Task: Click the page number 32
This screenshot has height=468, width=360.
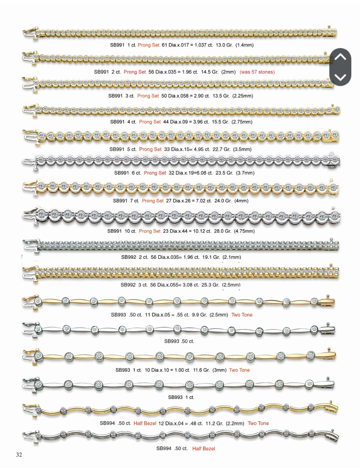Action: pyautogui.click(x=19, y=455)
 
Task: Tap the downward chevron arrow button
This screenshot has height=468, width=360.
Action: pyautogui.click(x=340, y=77)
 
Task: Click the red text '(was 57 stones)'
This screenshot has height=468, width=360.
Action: pyautogui.click(x=257, y=72)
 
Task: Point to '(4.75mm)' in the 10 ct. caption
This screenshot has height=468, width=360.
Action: pyautogui.click(x=244, y=231)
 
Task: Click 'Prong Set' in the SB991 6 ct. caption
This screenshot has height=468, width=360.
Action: pyautogui.click(x=155, y=173)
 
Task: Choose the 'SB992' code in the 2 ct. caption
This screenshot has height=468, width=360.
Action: pyautogui.click(x=129, y=257)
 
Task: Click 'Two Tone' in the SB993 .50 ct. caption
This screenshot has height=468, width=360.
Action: pyautogui.click(x=242, y=315)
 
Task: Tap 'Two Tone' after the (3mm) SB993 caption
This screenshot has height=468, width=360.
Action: pyautogui.click(x=239, y=370)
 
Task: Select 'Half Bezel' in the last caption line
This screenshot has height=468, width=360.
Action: pyautogui.click(x=204, y=449)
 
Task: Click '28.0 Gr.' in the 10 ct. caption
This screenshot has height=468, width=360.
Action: pyautogui.click(x=222, y=231)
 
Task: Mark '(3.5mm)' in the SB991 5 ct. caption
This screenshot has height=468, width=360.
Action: pyautogui.click(x=242, y=149)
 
